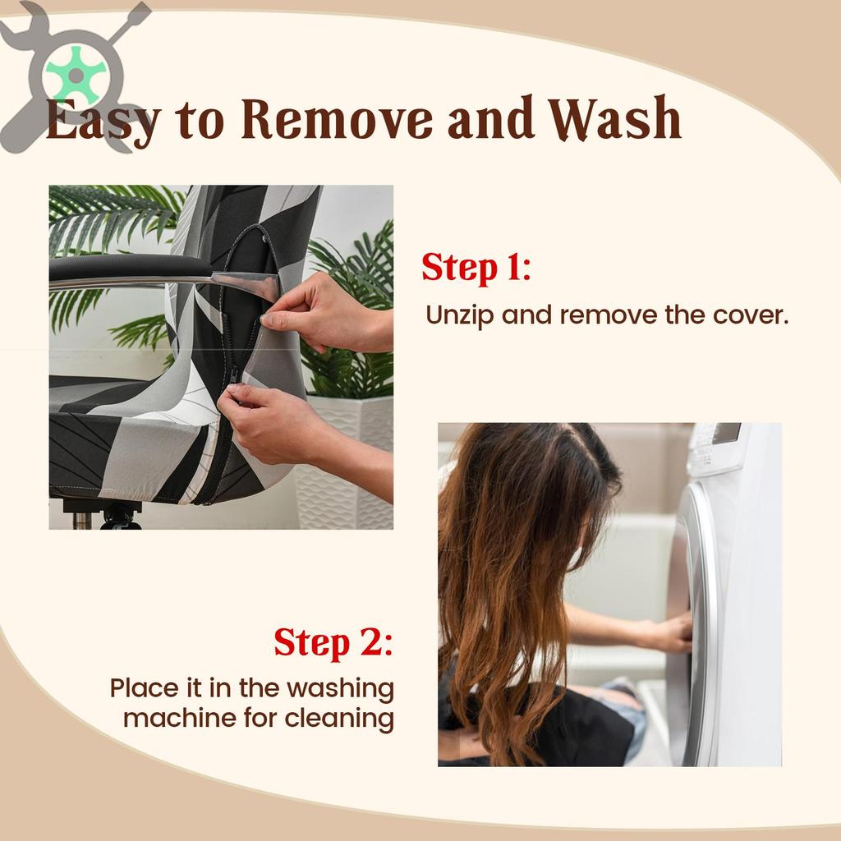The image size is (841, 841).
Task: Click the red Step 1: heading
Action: tap(476, 268)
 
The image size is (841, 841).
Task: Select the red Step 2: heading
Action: tap(333, 642)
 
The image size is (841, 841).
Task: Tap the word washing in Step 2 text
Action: tap(341, 689)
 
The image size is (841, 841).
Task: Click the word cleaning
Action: tap(339, 719)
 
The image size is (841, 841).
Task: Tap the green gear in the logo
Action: tap(76, 76)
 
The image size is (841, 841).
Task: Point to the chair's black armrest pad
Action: tap(129, 267)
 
